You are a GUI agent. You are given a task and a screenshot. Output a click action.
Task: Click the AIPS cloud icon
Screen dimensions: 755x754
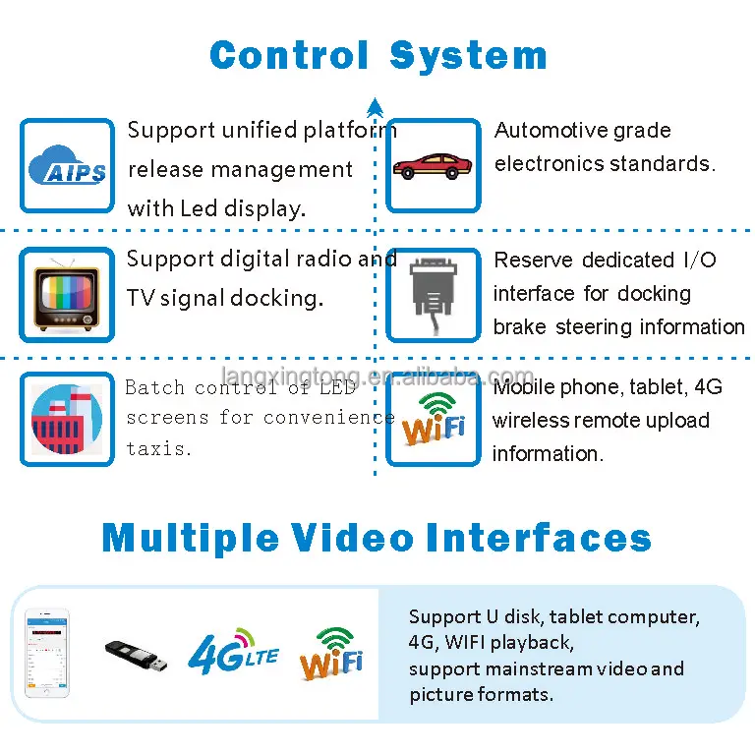(67, 166)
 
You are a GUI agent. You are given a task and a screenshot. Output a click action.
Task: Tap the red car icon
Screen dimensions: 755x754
(433, 165)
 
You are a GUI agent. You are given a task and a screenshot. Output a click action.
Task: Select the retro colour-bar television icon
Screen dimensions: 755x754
(67, 296)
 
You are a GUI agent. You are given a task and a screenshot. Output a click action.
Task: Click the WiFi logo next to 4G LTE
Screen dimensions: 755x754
(331, 654)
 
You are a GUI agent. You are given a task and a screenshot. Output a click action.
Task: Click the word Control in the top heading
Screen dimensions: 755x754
(289, 55)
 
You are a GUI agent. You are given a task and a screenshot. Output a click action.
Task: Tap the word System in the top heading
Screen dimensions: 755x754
(468, 55)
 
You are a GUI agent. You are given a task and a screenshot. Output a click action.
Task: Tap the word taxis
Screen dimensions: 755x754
(157, 447)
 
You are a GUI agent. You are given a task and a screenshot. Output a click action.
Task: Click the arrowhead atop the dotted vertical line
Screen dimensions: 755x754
(375, 101)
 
